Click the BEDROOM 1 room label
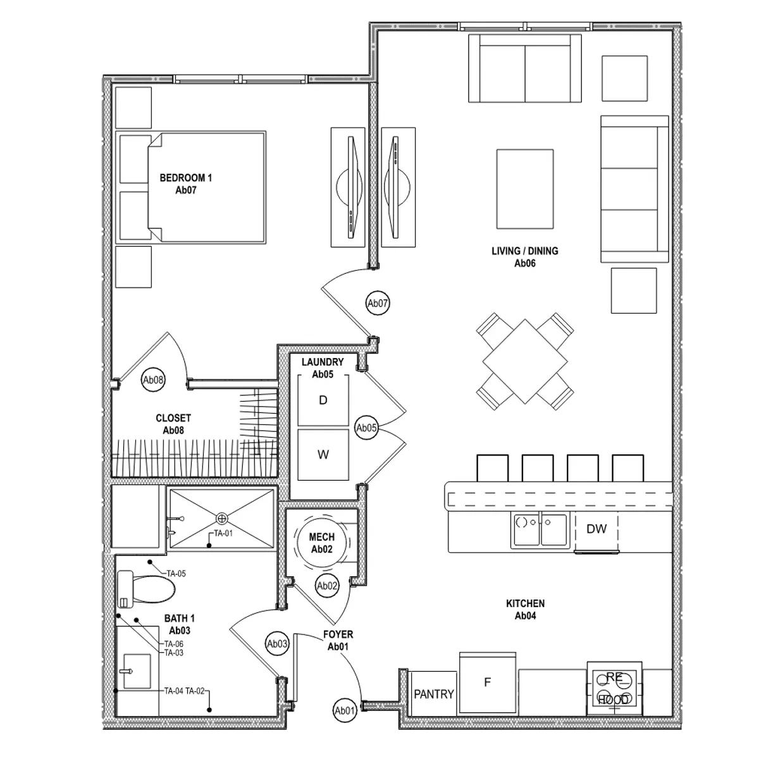185,183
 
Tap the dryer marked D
323,400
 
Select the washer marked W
323,455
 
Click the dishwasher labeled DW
596,529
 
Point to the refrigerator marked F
488,683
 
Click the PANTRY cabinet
434,694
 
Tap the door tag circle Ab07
378,304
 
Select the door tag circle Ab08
154,380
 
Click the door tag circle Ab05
367,428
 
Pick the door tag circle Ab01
344,711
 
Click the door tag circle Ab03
277,645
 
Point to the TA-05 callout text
176,574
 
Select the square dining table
525,361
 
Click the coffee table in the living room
525,188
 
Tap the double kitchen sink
540,530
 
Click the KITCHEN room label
525,610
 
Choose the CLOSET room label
173,424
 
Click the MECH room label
322,543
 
